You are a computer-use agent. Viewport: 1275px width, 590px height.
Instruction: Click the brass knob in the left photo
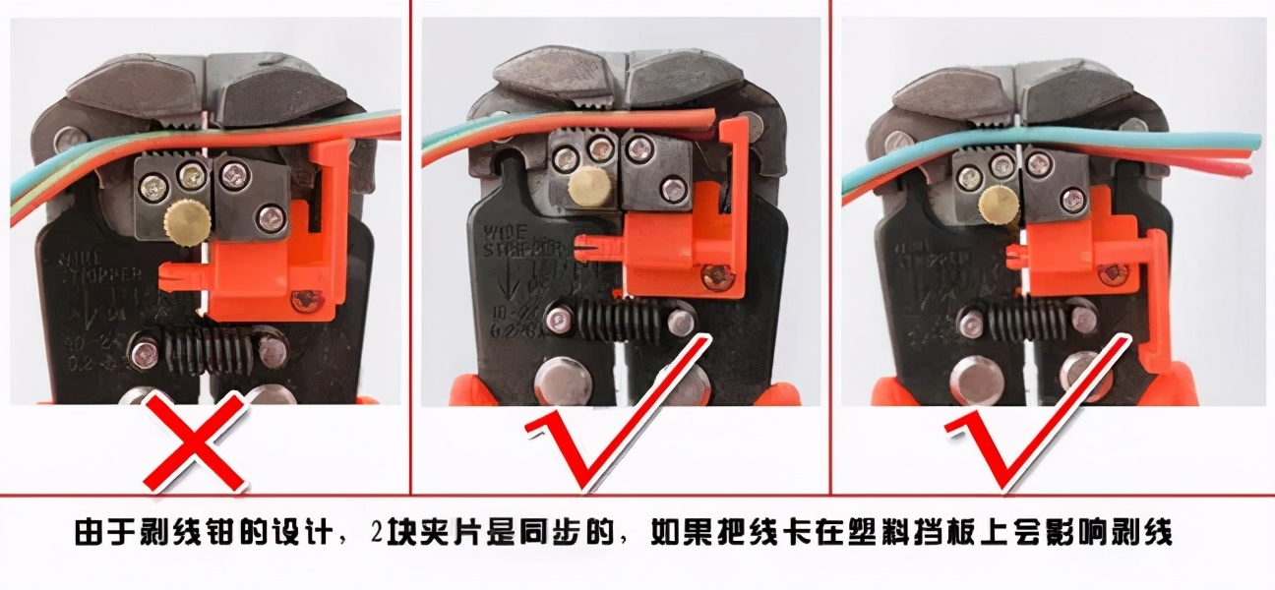pyautogui.click(x=187, y=220)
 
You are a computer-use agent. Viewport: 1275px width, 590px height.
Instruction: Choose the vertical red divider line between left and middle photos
pyautogui.click(x=410, y=246)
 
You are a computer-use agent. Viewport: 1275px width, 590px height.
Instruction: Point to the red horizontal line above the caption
pyautogui.click(x=637, y=496)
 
